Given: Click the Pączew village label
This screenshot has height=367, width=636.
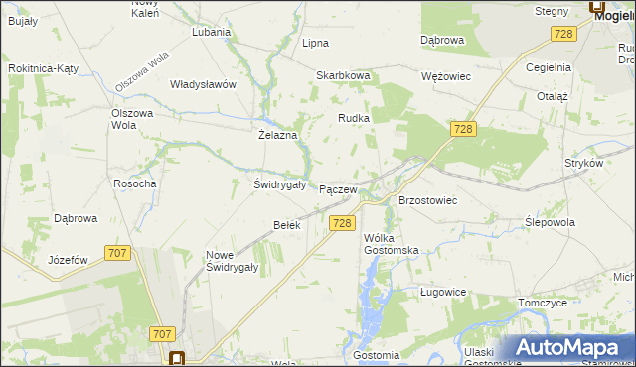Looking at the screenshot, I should click(x=338, y=188).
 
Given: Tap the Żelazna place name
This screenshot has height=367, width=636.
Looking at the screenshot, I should click(x=278, y=134).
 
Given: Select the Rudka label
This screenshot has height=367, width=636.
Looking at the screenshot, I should click(x=354, y=118).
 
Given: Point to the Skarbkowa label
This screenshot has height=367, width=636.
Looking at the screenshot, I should click(x=343, y=75).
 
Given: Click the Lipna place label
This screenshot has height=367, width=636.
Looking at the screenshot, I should click(x=315, y=43).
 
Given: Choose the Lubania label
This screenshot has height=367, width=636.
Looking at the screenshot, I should click(x=212, y=31).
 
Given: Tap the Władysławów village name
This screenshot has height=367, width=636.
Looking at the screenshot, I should click(x=203, y=84).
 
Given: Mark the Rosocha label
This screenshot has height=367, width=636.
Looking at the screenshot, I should click(x=135, y=183).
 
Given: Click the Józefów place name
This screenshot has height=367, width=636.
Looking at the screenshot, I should click(x=69, y=260).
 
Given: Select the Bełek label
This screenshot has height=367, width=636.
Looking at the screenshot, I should click(x=286, y=225).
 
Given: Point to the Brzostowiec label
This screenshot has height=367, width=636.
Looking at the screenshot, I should click(x=427, y=200).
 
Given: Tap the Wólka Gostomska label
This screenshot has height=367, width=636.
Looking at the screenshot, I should click(x=391, y=244).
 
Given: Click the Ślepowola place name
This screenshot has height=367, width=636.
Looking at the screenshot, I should click(x=550, y=222).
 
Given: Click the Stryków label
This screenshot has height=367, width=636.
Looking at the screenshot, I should click(x=583, y=162).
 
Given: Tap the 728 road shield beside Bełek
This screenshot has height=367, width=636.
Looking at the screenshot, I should click(x=342, y=224).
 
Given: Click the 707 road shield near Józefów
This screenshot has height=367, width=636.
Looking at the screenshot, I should click(x=117, y=253).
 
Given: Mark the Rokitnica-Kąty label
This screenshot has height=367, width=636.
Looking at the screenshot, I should click(x=43, y=68).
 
